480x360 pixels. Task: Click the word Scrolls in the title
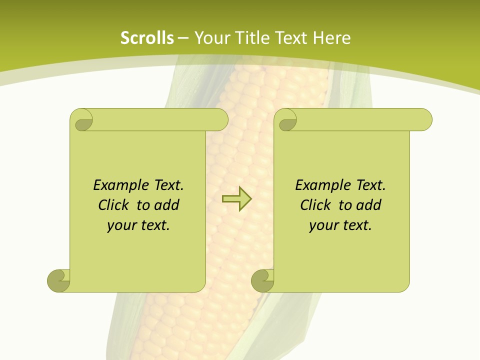pyautogui.click(x=147, y=38)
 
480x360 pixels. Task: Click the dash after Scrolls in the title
pyautogui.click(x=183, y=38)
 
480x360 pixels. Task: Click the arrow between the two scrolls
pyautogui.click(x=236, y=198)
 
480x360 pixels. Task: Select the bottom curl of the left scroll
pyautogui.click(x=58, y=280)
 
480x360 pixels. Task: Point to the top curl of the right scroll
pyautogui.click(x=287, y=120)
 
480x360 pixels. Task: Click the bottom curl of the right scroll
pyautogui.click(x=262, y=280)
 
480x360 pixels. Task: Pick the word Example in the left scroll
pyautogui.click(x=118, y=185)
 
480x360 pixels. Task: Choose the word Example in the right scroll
pyautogui.click(x=320, y=185)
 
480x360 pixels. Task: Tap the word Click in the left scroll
pyautogui.click(x=114, y=205)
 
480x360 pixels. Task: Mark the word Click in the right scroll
pyautogui.click(x=316, y=205)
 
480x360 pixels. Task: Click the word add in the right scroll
pyautogui.click(x=368, y=205)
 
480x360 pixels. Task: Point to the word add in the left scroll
pyautogui.click(x=166, y=205)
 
